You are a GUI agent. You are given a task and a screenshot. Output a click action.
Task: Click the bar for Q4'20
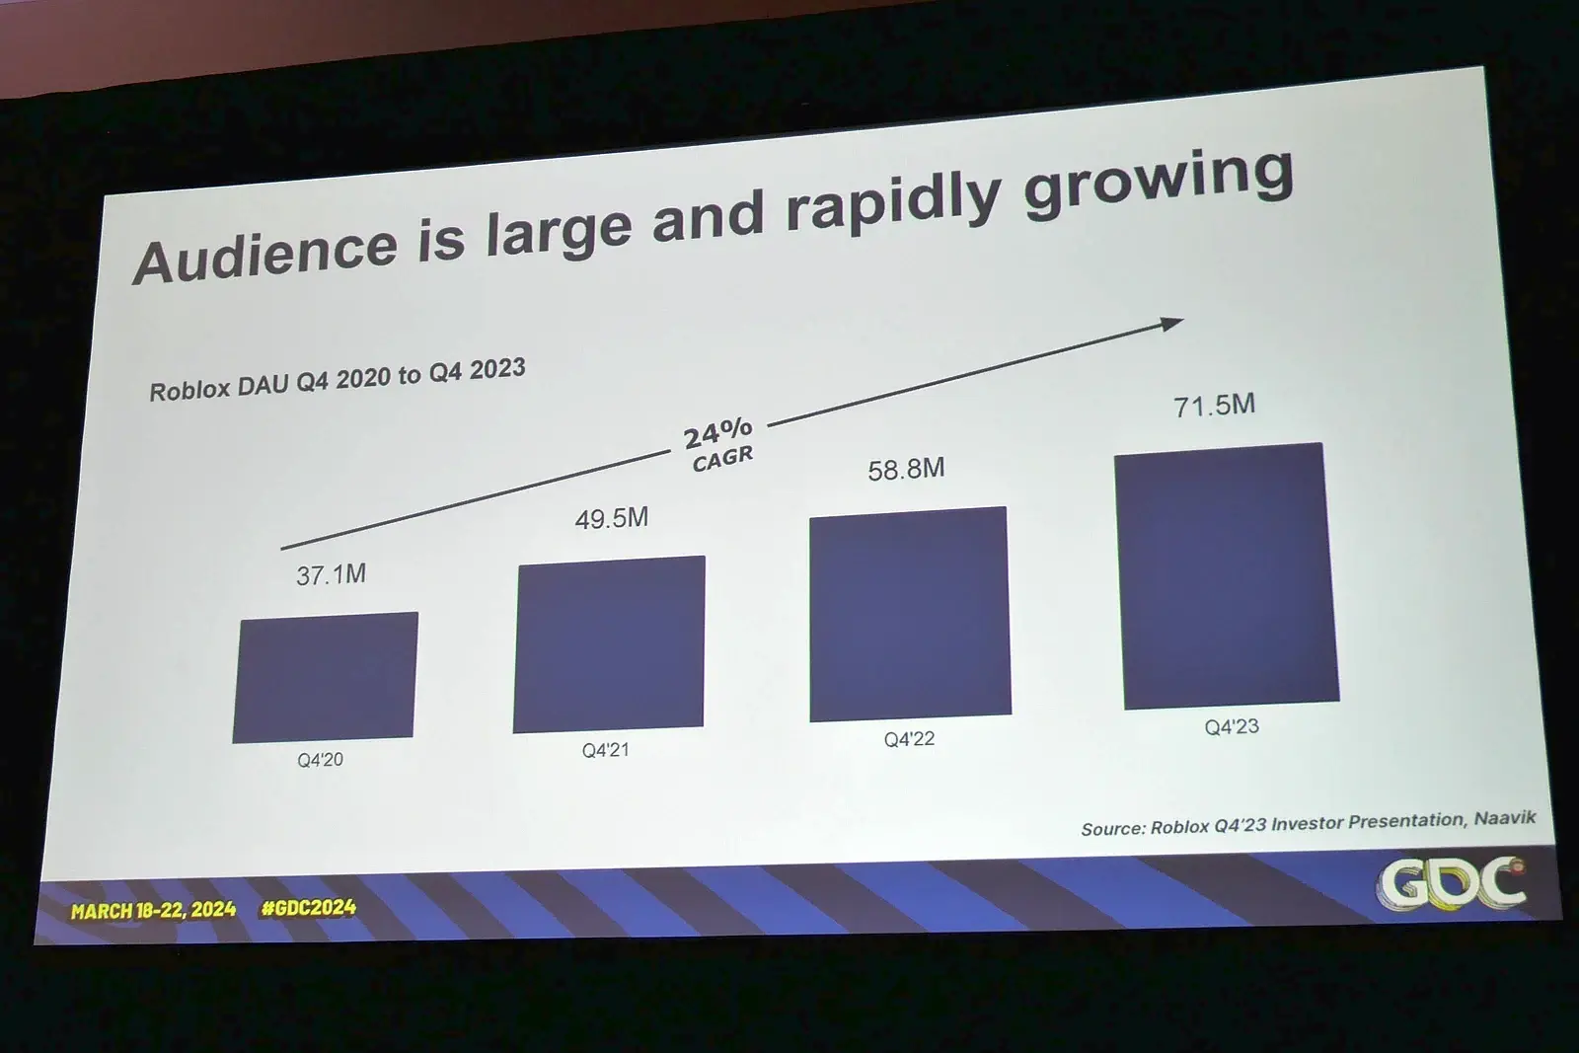326,677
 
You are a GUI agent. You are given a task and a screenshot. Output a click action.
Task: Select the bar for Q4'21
609,644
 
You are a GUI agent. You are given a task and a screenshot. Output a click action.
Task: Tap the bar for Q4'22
910,614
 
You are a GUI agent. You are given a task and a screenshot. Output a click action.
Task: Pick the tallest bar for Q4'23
1227,576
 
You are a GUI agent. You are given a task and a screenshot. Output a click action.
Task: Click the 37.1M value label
332,574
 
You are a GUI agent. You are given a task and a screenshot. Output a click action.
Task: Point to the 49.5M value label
612,518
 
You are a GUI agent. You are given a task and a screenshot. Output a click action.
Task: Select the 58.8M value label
906,469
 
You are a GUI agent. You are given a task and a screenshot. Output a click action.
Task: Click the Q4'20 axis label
321,760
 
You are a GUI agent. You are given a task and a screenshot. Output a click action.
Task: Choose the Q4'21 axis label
605,750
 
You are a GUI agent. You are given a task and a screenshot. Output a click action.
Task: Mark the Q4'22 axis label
909,739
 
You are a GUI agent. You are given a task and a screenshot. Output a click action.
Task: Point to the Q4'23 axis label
1232,727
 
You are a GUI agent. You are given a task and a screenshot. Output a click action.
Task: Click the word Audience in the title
265,254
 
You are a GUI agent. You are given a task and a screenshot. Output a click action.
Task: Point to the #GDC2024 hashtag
309,908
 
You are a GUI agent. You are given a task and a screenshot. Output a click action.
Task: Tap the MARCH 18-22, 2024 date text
153,910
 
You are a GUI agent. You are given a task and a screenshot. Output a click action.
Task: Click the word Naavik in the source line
1505,818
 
